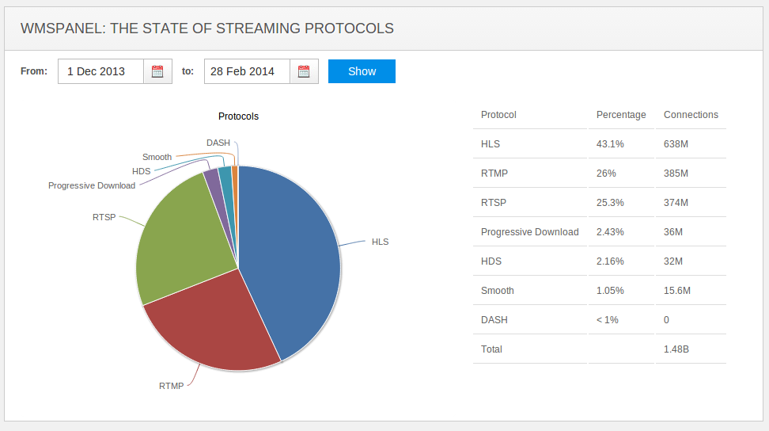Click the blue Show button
click(x=362, y=71)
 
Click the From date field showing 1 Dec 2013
click(x=100, y=71)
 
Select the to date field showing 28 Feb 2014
click(x=247, y=71)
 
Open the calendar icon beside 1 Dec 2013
click(x=157, y=71)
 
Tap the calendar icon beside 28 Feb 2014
click(x=304, y=71)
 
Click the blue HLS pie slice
click(x=293, y=254)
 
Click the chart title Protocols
click(x=238, y=116)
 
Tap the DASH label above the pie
click(x=218, y=143)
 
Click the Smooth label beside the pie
click(x=157, y=157)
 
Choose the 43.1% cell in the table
click(x=610, y=144)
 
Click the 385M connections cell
click(x=676, y=174)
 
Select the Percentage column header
click(x=621, y=115)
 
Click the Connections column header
click(x=691, y=115)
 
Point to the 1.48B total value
click(x=677, y=349)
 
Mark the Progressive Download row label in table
click(x=529, y=232)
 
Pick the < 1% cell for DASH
click(x=608, y=320)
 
